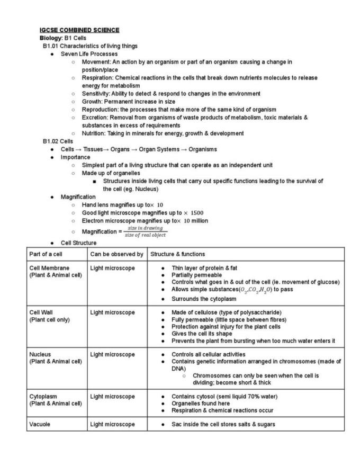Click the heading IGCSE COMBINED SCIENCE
(79, 30)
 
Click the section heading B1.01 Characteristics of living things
(90, 46)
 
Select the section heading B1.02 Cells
(58, 141)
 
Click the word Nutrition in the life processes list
(94, 133)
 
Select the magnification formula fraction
(145, 231)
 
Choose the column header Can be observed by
(116, 254)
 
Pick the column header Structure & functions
(177, 254)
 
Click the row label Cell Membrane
(49, 268)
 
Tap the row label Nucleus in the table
(40, 354)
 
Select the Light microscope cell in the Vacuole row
(112, 424)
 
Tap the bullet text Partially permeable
(196, 275)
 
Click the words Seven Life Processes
(89, 54)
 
